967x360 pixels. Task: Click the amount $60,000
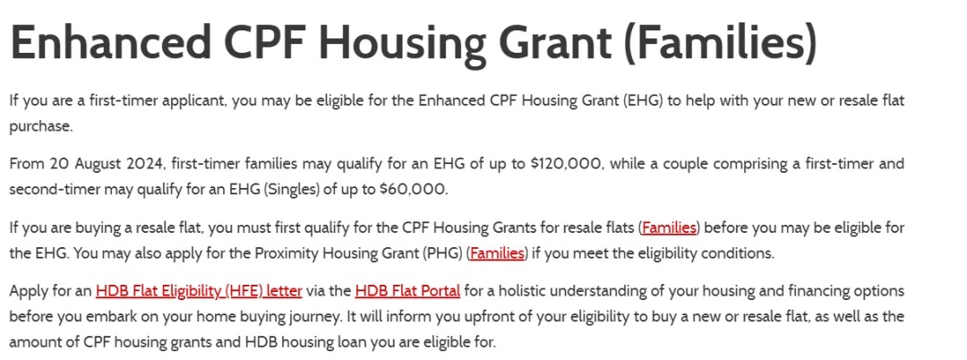point(413,189)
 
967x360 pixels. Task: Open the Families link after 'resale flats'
point(669,227)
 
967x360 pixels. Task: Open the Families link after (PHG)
point(497,253)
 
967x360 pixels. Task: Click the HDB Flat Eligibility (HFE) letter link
point(199,290)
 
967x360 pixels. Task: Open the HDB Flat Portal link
point(407,290)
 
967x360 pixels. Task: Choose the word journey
point(306,318)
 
